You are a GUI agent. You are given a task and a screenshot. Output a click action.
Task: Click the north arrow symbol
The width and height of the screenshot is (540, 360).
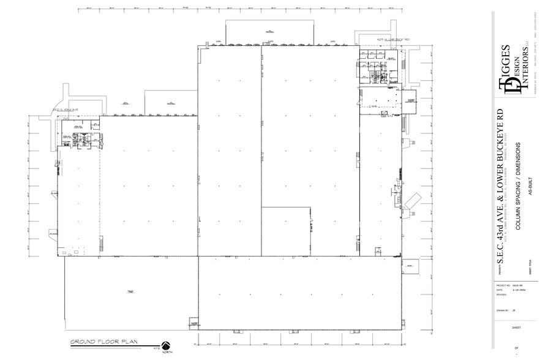tap(165, 345)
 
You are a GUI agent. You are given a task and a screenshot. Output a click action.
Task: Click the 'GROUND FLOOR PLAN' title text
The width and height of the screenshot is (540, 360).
tap(103, 341)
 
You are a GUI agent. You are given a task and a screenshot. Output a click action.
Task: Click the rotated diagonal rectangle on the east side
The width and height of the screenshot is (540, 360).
tap(413, 200)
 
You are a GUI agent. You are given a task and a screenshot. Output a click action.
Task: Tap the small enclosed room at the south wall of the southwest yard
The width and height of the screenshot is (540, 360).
tap(194, 323)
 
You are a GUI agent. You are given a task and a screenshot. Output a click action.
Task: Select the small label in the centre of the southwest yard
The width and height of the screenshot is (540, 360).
tap(130, 291)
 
